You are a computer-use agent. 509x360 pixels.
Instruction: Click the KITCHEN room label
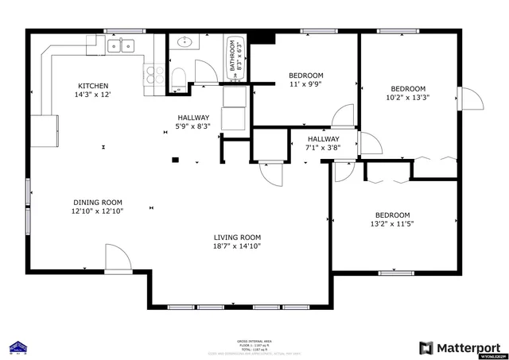click(x=93, y=86)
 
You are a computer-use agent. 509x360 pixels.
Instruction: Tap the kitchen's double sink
click(x=120, y=45)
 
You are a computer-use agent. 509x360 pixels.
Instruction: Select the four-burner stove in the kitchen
click(x=154, y=76)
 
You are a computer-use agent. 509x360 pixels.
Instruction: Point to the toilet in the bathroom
click(x=179, y=76)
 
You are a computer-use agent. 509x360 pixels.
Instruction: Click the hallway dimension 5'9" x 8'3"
click(x=193, y=126)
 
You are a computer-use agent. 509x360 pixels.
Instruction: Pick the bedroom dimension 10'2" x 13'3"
click(x=407, y=98)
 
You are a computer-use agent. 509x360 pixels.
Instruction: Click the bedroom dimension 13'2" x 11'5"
click(x=392, y=225)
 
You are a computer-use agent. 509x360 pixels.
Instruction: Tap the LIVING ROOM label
click(x=237, y=237)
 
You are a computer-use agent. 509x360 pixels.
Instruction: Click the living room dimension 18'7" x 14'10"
click(x=237, y=246)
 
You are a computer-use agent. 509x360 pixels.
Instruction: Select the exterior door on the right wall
click(x=469, y=99)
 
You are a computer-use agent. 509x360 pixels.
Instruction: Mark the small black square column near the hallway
click(x=175, y=160)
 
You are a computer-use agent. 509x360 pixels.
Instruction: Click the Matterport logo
click(x=459, y=347)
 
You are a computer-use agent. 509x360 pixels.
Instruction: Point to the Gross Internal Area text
click(x=254, y=339)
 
